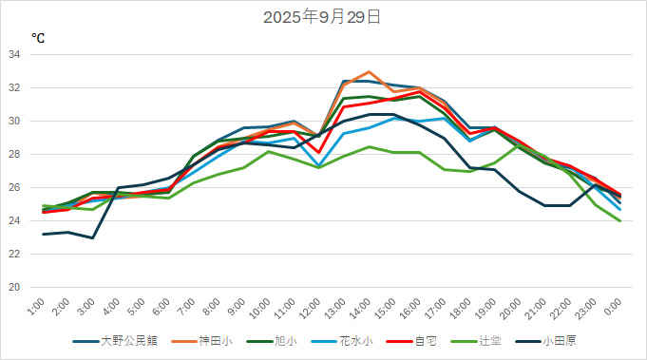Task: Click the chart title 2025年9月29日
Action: (x=323, y=16)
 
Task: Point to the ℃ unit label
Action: (x=38, y=38)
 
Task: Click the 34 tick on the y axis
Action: (x=14, y=54)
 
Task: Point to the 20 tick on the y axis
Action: (x=14, y=287)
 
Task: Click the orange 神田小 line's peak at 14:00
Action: (x=369, y=72)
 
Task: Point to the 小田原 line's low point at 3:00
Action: (x=92, y=237)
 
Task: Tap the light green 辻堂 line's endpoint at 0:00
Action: (x=619, y=220)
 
